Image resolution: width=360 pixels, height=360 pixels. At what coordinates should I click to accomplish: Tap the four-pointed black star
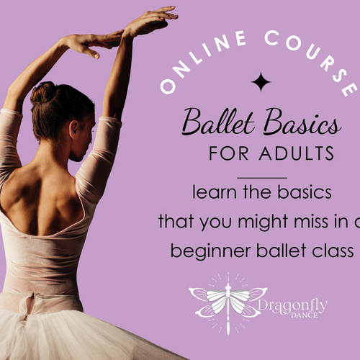[261, 82]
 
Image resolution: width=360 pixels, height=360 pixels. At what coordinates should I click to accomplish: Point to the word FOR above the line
[225, 154]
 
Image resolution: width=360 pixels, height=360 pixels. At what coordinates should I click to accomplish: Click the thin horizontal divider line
[261, 176]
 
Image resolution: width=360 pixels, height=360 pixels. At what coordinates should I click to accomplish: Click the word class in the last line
[335, 251]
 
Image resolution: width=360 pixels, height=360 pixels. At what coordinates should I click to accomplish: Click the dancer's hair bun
[43, 93]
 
